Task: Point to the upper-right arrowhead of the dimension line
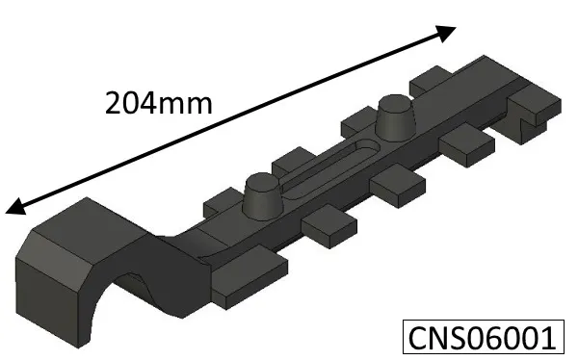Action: [446, 32]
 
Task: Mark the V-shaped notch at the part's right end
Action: [525, 124]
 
